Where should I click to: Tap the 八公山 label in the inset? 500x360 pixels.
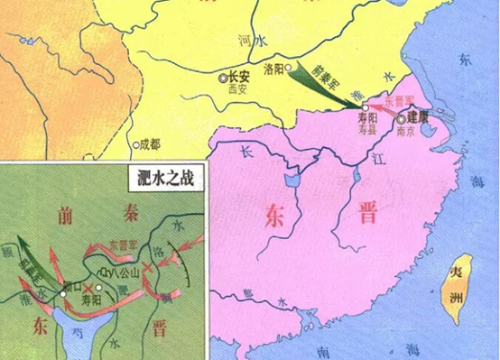click(123, 269)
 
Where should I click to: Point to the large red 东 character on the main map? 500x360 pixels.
click(277, 217)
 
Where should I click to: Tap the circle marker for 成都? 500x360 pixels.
click(134, 143)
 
